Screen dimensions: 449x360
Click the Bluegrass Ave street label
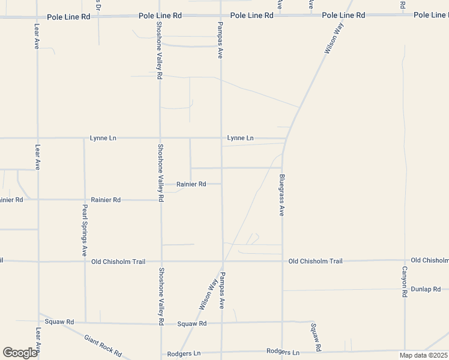[282, 196]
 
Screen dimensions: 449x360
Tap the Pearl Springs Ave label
[85, 230]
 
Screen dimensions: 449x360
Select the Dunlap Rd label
[427, 289]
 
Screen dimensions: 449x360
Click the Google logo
[20, 352]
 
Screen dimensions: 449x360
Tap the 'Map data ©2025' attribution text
[423, 355]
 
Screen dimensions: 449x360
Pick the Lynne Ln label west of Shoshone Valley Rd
[103, 138]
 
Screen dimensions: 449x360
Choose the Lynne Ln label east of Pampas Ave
[240, 138]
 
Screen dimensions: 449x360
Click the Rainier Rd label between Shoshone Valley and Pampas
[191, 184]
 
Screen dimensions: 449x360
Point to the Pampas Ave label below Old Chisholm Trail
[221, 290]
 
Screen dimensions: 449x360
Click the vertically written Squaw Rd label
[316, 337]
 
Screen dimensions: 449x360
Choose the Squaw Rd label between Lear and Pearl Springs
[61, 322]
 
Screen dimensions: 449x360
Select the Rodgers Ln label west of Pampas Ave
[182, 354]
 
